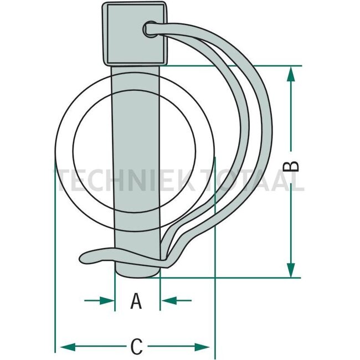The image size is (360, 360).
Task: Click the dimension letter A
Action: point(136,302)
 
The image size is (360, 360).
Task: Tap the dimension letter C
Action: point(136,347)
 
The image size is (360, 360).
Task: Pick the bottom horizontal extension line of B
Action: point(233,277)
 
